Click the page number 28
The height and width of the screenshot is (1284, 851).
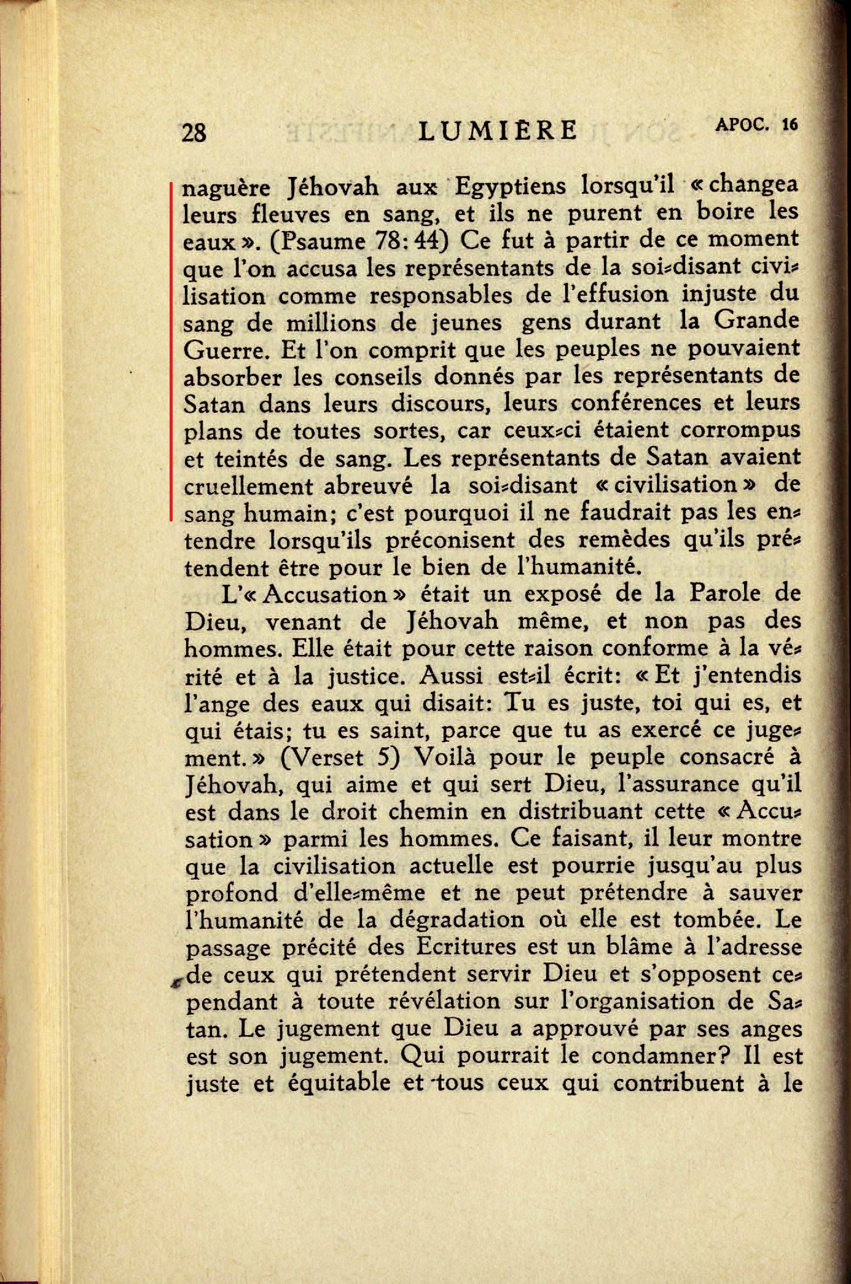click(x=194, y=132)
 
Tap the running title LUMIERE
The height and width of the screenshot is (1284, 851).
click(x=498, y=130)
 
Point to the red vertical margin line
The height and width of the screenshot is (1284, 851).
click(x=171, y=350)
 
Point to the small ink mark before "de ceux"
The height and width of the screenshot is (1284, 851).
click(x=177, y=982)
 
